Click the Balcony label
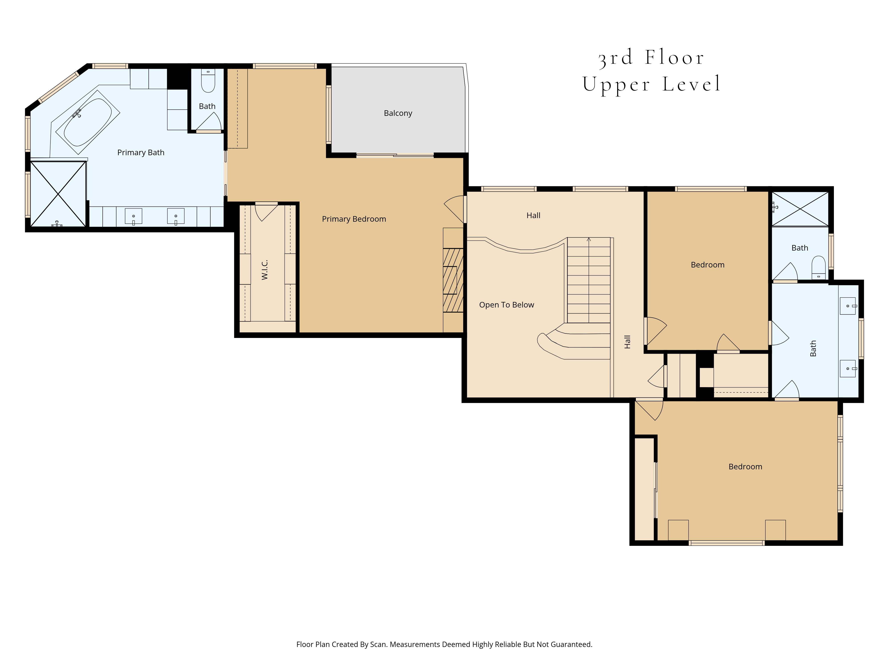pyautogui.click(x=398, y=113)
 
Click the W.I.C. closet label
pyautogui.click(x=264, y=270)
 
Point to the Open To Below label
pyautogui.click(x=506, y=305)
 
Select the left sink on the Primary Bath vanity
pyautogui.click(x=133, y=216)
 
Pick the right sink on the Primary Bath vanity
pyautogui.click(x=176, y=216)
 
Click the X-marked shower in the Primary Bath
pyautogui.click(x=58, y=194)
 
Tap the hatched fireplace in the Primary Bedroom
pyautogui.click(x=453, y=280)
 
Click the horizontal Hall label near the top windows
pyautogui.click(x=533, y=215)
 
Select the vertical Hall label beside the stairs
pyautogui.click(x=627, y=342)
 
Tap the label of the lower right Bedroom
pyautogui.click(x=745, y=467)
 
